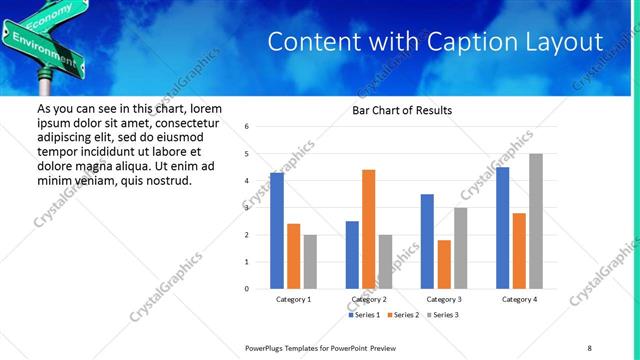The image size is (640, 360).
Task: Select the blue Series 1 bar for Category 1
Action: click(x=277, y=231)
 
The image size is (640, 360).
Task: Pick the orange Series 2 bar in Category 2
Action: click(x=368, y=229)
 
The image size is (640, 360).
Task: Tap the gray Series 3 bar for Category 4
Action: click(x=536, y=221)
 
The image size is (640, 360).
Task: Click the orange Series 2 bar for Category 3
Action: click(x=444, y=264)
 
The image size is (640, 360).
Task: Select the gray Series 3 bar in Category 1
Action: click(x=310, y=262)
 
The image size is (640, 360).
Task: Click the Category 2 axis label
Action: click(x=369, y=299)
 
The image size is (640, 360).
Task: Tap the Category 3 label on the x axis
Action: click(x=444, y=299)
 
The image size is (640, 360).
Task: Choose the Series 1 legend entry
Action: click(x=364, y=315)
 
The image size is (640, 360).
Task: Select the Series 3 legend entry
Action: click(x=444, y=315)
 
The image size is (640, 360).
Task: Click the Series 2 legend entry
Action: click(x=404, y=315)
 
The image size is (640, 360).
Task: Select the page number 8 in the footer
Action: click(x=590, y=347)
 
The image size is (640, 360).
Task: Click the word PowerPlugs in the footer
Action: click(x=265, y=347)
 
